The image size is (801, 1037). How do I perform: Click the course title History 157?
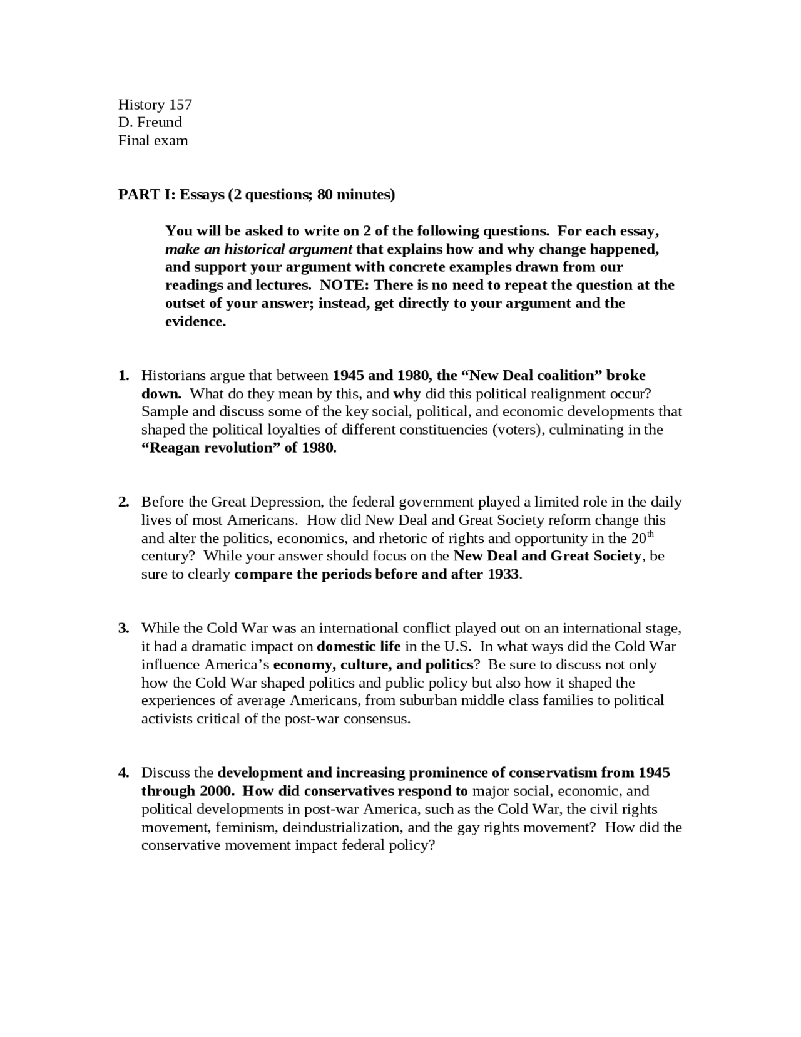click(155, 105)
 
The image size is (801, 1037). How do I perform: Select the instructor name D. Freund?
click(150, 122)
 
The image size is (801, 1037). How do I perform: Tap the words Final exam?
click(153, 140)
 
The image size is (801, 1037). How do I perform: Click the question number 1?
click(123, 376)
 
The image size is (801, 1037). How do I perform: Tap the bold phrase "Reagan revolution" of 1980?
click(238, 448)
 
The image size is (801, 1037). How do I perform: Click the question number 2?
click(123, 502)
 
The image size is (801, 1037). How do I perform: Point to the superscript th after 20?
click(650, 534)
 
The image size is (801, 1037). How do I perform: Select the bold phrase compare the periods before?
click(325, 575)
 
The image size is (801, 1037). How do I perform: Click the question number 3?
click(123, 629)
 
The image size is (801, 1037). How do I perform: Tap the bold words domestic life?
click(359, 646)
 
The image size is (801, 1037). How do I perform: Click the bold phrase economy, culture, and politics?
click(373, 664)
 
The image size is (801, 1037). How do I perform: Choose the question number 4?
click(123, 773)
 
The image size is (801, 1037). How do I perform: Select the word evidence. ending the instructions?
click(195, 322)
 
